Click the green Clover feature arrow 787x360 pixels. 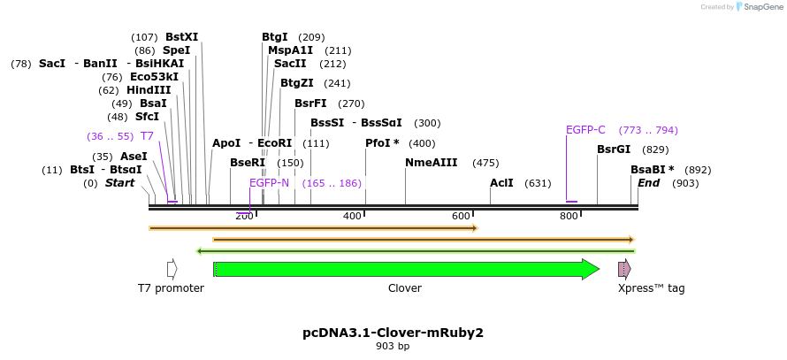407,269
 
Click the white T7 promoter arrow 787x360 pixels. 172,269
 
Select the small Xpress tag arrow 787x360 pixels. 624,269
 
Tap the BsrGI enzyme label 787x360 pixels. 614,149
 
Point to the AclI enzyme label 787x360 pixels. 501,183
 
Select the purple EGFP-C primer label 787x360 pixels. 585,130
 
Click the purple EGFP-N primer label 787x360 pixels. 269,183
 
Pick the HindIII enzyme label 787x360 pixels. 148,90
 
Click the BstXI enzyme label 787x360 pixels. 181,37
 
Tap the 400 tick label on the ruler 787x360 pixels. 352,216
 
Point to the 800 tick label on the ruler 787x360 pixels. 569,216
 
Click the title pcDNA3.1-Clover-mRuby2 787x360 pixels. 393,333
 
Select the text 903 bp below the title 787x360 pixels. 393,346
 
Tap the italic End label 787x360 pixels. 649,183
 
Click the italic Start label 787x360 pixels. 120,183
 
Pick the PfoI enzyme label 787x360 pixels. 382,143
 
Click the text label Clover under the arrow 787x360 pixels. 405,288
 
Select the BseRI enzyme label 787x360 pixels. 248,163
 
